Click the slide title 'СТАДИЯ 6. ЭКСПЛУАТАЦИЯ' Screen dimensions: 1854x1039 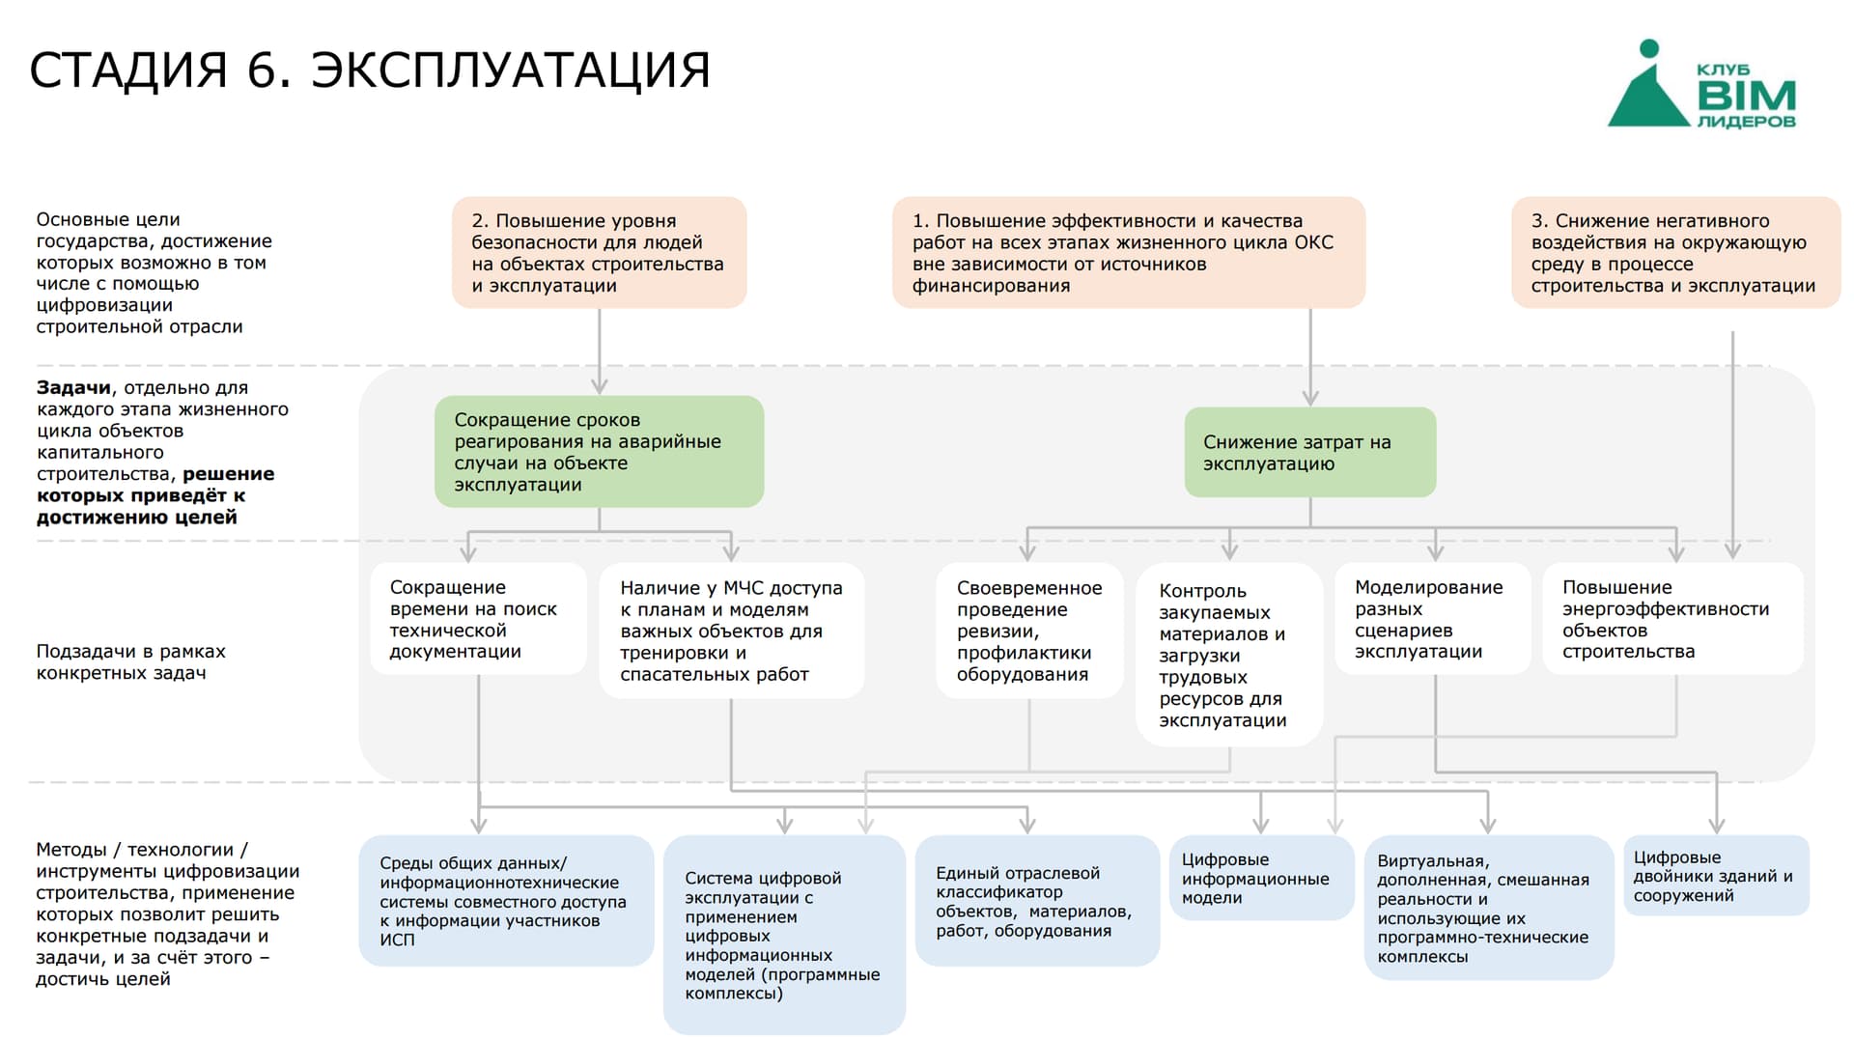(x=370, y=70)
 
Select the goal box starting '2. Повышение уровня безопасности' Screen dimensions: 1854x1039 (x=599, y=253)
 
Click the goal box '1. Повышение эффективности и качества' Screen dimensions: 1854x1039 (x=1129, y=253)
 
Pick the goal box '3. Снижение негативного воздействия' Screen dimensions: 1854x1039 (x=1676, y=253)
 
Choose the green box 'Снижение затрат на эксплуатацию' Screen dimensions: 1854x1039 (x=1310, y=452)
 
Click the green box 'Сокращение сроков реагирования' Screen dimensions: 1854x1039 (x=599, y=451)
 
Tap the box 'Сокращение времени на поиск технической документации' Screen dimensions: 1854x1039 (x=479, y=619)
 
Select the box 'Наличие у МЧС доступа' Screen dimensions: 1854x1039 (x=732, y=631)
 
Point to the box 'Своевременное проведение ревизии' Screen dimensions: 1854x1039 (x=1029, y=631)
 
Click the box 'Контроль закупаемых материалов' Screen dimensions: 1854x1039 (x=1229, y=655)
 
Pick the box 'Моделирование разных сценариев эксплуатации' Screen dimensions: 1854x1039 (x=1433, y=619)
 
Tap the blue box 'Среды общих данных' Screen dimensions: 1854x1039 (x=506, y=901)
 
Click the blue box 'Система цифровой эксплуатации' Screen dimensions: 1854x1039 (x=784, y=935)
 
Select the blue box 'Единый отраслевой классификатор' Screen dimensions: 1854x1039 (x=1037, y=901)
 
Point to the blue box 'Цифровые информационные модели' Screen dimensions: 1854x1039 (x=1261, y=878)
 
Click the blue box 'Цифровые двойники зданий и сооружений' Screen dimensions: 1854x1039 (x=1716, y=876)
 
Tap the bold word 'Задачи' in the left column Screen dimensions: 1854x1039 (x=73, y=387)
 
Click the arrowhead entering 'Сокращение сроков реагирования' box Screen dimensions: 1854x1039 (x=599, y=386)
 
